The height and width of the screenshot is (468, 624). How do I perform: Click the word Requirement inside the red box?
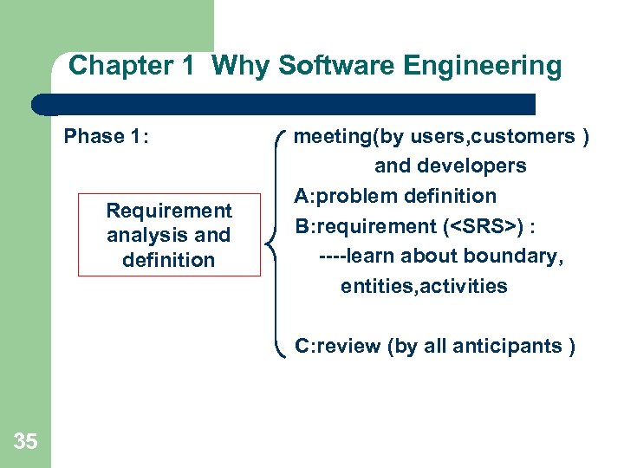click(x=169, y=211)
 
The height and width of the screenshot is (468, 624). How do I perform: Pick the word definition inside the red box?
click(x=169, y=259)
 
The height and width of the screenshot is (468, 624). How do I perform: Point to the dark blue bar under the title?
click(x=286, y=105)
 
